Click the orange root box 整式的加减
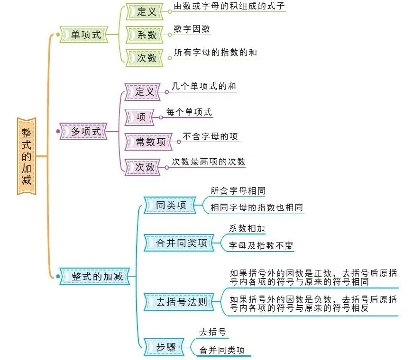pos(26,156)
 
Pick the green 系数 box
pos(147,35)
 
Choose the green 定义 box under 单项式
pos(147,12)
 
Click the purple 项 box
pos(141,117)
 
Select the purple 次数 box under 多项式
pos(145,167)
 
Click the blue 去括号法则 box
pos(182,301)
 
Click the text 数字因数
pos(192,29)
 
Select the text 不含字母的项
pos(210,136)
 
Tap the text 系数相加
pos(247,228)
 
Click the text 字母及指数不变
pos(261,245)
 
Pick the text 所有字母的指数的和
pos(215,53)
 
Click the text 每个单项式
pos(189,112)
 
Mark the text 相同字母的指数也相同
pos(257,207)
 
